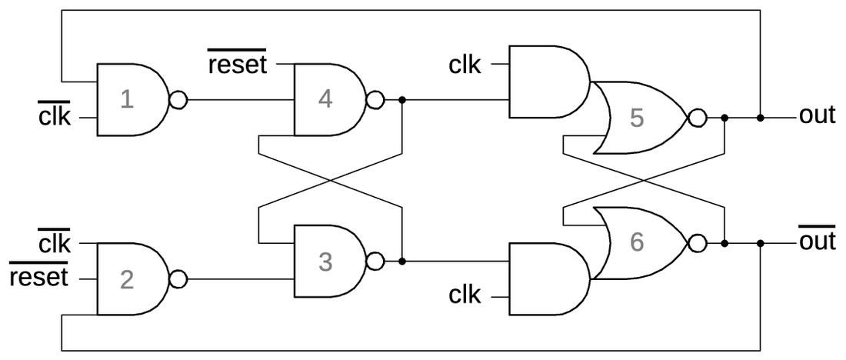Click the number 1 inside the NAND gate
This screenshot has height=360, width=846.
coord(127,100)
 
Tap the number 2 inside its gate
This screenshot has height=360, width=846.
coord(127,278)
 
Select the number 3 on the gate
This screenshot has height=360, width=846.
coord(325,262)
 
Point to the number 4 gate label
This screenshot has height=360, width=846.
coord(325,100)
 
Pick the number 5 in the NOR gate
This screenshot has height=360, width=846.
coord(635,118)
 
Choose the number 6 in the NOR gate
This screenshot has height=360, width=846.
coord(635,242)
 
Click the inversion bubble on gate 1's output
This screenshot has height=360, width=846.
coord(178,100)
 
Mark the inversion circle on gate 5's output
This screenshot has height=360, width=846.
coord(698,118)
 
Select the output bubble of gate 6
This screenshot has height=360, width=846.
coord(698,243)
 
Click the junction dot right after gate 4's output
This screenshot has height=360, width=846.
coord(402,100)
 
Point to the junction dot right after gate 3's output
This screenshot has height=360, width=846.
coord(402,262)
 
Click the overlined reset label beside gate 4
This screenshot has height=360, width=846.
coord(238,65)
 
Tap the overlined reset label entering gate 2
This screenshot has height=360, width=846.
coord(38,275)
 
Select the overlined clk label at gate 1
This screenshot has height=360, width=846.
coord(54,117)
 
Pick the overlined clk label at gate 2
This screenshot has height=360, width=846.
coord(54,243)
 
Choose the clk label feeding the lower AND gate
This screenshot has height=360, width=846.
coord(465,295)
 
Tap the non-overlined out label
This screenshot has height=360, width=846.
coord(817,115)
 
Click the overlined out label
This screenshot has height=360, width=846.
coord(817,242)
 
